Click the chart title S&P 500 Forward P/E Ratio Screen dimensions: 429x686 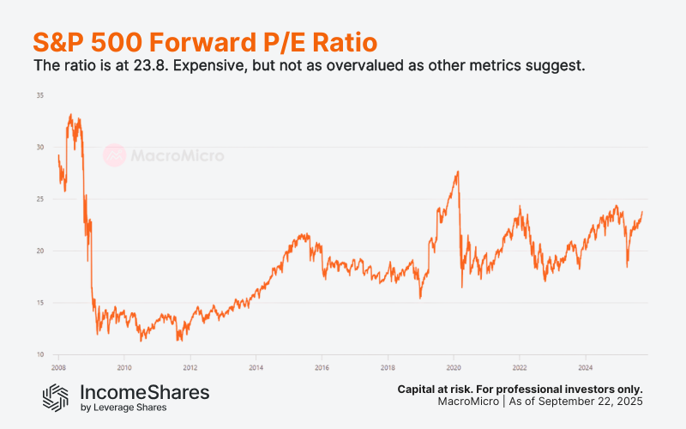point(205,42)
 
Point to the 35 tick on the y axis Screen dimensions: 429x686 point(39,95)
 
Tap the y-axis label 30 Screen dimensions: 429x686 point(39,147)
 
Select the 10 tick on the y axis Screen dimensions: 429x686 point(39,354)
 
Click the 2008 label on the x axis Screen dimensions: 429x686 point(58,366)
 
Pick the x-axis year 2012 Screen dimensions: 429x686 point(190,366)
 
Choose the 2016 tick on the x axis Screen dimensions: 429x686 point(322,366)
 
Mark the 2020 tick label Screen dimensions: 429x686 point(453,366)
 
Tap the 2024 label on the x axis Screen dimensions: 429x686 point(584,366)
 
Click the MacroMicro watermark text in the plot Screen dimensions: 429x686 point(177,155)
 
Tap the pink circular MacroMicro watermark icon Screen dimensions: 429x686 point(115,155)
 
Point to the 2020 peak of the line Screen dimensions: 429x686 point(458,172)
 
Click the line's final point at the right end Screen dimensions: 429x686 point(642,212)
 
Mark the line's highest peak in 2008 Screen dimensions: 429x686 point(70,114)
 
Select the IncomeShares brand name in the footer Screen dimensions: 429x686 point(144,392)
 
